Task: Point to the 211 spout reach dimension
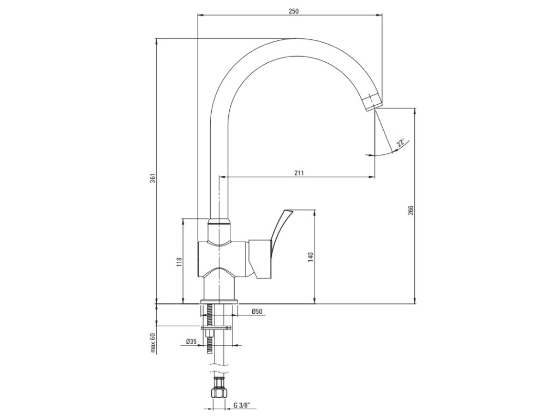click(299, 172)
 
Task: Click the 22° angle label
click(401, 143)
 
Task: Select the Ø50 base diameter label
click(257, 311)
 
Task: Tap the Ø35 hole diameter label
click(191, 341)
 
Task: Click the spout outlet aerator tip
click(372, 102)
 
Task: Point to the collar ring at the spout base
click(219, 222)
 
